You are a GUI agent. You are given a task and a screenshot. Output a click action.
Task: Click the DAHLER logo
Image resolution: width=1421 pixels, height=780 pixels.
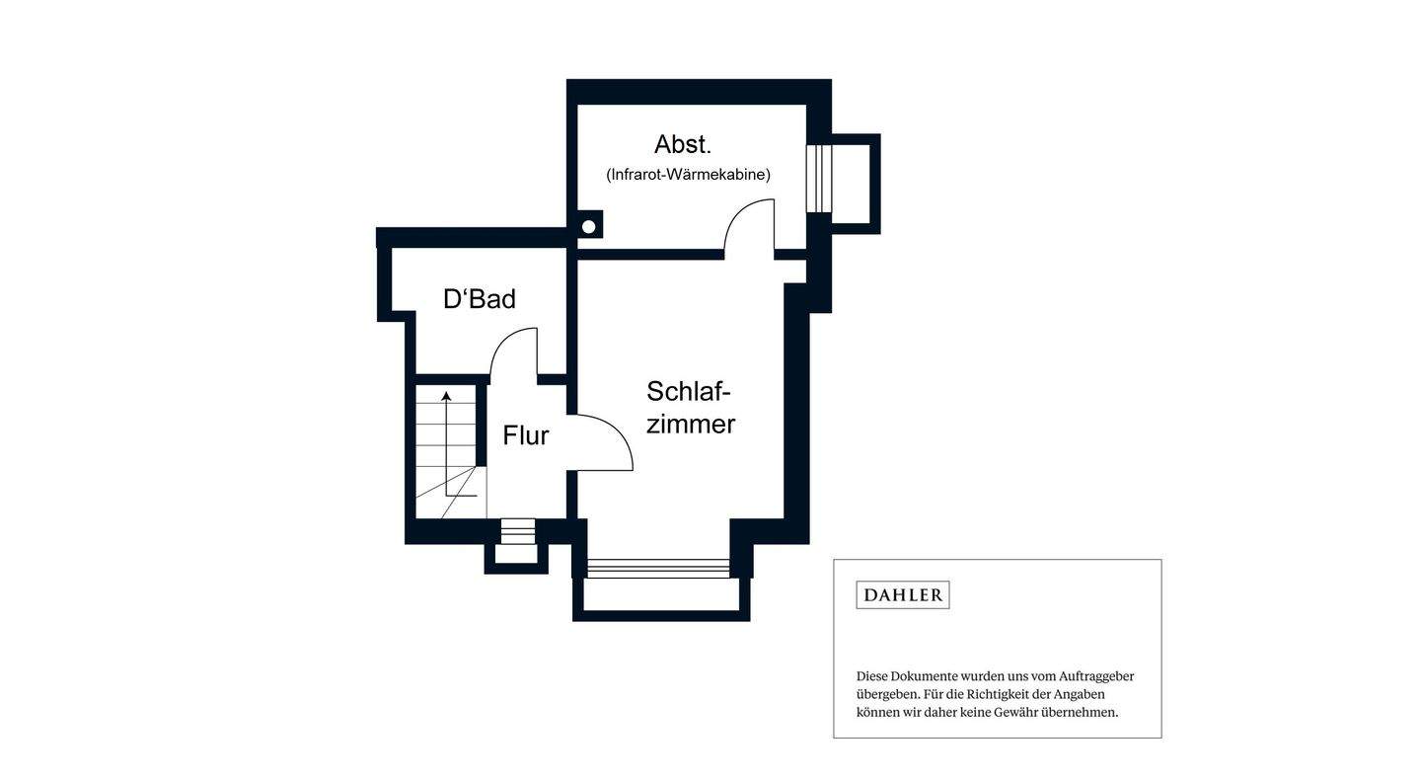click(902, 594)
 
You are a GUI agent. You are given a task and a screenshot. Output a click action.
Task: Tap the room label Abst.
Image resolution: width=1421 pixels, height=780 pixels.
click(682, 144)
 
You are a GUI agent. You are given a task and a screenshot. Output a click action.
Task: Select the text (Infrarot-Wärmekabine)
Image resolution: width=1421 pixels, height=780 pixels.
click(688, 175)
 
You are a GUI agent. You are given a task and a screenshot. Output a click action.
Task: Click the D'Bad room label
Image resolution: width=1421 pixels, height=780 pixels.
click(479, 299)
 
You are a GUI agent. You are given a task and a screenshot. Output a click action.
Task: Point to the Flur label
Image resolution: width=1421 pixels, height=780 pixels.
click(525, 435)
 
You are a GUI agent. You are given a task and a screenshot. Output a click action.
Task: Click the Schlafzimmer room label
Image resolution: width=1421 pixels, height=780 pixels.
click(690, 408)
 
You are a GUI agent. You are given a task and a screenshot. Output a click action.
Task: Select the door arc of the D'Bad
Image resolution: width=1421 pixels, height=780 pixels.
click(514, 352)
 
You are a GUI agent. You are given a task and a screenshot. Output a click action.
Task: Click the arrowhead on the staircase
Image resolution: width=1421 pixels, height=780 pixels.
click(446, 396)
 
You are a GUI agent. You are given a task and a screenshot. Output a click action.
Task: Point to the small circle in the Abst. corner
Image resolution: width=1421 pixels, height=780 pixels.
click(589, 227)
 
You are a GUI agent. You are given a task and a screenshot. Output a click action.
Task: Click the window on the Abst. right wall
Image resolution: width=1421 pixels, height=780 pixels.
click(819, 178)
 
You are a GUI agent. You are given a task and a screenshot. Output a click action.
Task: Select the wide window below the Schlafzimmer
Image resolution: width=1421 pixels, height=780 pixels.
click(658, 568)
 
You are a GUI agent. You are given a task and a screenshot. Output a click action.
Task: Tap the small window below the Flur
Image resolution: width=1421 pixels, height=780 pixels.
click(517, 531)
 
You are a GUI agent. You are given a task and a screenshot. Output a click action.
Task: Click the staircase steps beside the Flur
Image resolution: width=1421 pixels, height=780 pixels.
click(445, 444)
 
